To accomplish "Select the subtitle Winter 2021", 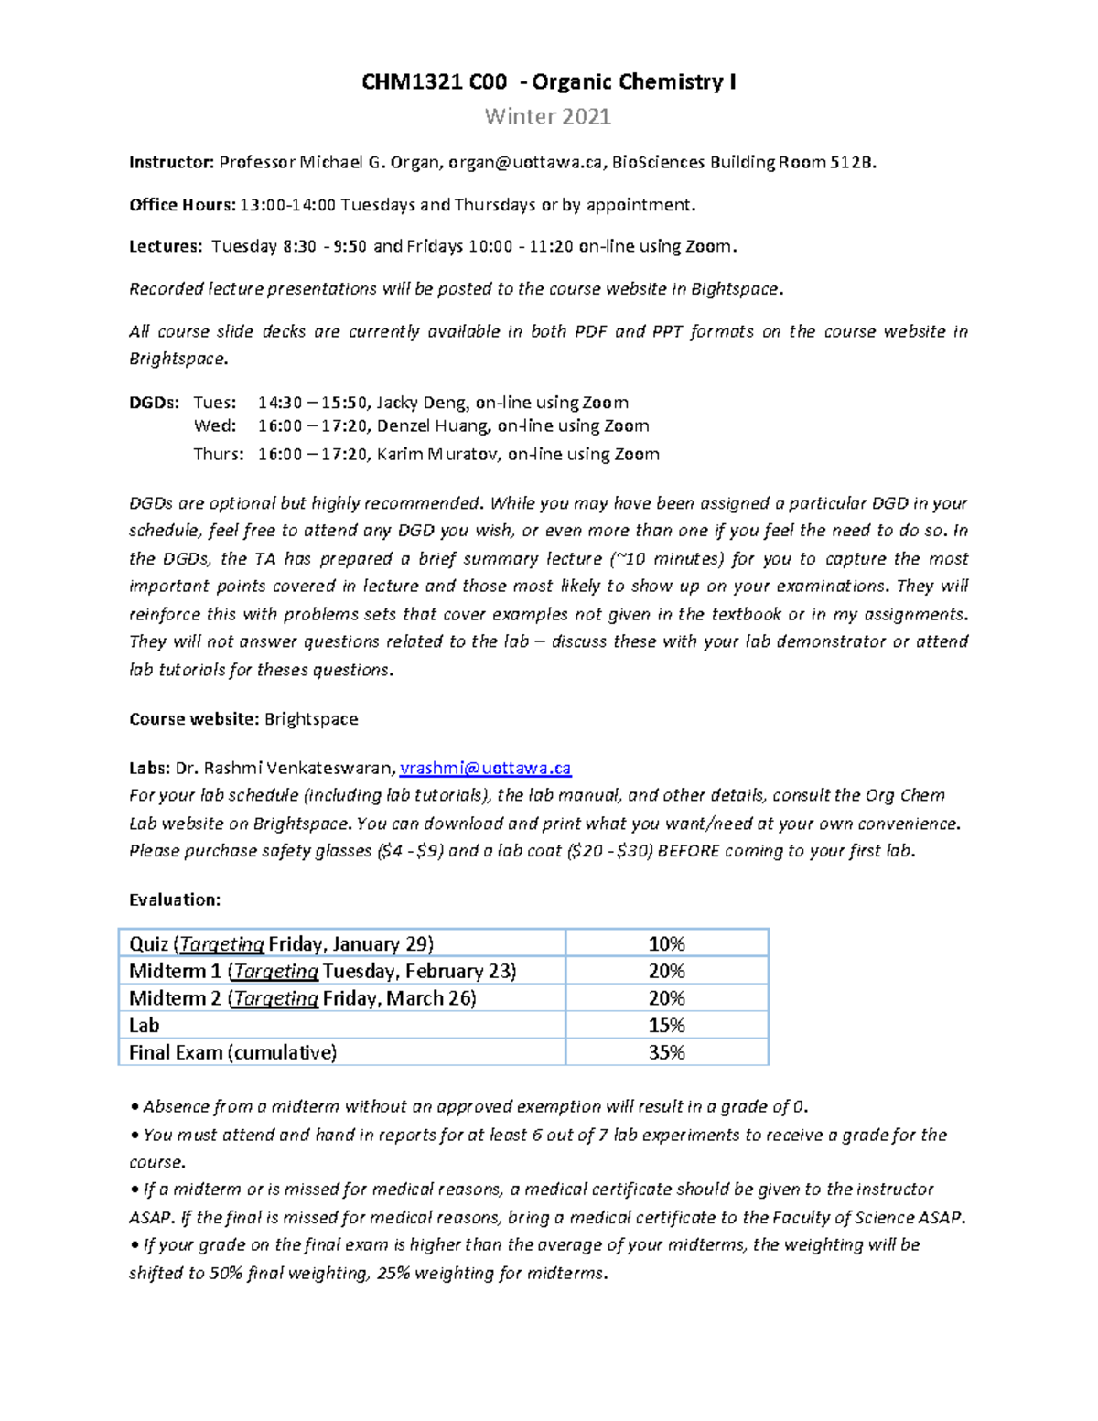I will (547, 116).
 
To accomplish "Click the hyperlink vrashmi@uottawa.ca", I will (485, 769).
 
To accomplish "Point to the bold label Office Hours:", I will (182, 205).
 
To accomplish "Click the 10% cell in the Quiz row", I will (666, 944).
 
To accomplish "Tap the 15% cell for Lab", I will (666, 1026).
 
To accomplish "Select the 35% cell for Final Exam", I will (666, 1053).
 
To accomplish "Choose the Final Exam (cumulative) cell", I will (232, 1053).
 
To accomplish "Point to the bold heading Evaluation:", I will (175, 900).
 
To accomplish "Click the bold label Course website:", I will (194, 719).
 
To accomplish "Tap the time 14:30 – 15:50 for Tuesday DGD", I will (313, 403).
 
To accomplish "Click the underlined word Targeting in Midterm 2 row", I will (275, 999).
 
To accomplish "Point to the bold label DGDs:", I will (155, 403).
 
